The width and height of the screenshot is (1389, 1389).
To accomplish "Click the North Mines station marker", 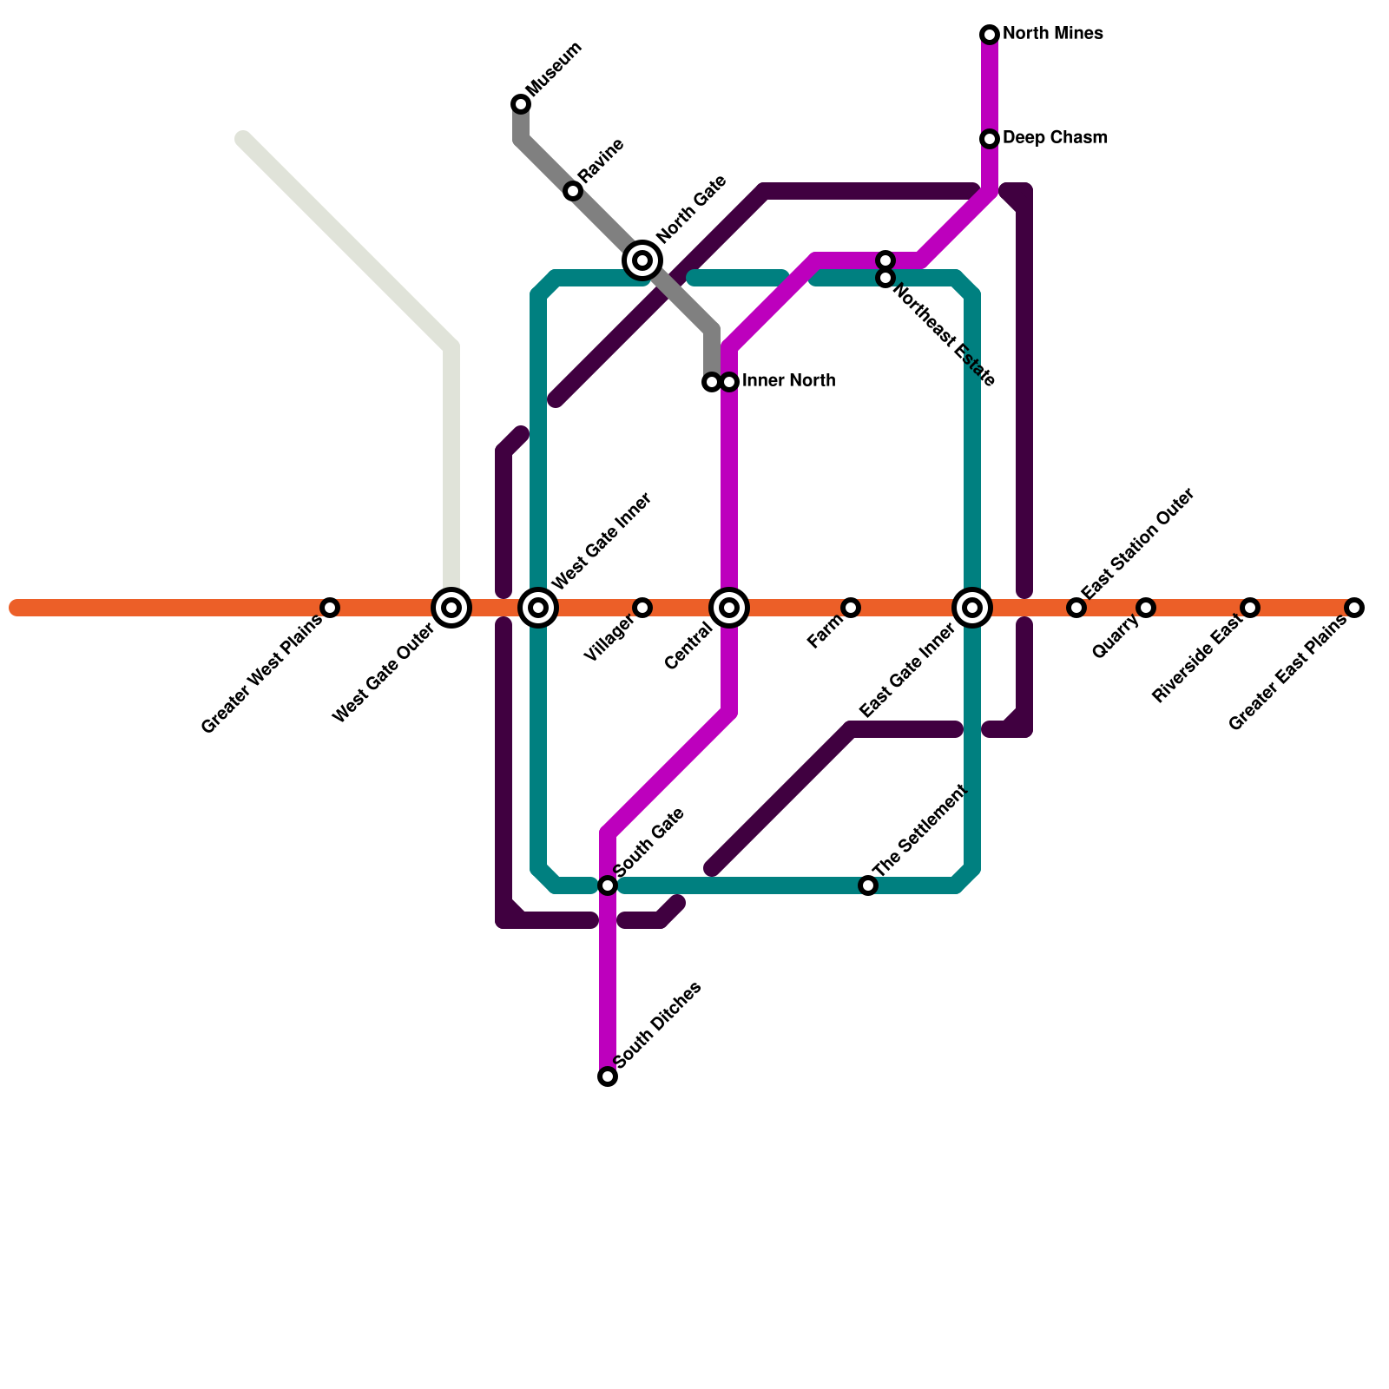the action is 990,35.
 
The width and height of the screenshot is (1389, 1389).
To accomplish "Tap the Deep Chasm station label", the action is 1054,138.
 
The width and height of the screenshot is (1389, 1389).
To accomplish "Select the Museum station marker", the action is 521,104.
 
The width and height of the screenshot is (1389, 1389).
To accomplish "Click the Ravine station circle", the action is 573,191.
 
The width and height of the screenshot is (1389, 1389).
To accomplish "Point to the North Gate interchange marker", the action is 642,260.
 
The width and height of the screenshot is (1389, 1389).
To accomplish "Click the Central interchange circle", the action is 729,608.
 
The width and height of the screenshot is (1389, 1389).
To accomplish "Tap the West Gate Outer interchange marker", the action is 451,608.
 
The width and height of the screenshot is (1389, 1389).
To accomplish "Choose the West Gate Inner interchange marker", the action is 538,608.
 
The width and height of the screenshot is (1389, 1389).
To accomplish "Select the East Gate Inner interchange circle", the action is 972,608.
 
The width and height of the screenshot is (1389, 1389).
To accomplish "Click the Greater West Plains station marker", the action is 330,608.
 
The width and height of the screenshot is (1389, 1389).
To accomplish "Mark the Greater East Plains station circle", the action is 1354,608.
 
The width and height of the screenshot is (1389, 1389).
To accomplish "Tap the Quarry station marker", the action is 1146,608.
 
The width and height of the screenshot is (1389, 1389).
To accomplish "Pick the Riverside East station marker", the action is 1250,608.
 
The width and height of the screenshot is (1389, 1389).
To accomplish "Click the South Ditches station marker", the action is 608,1076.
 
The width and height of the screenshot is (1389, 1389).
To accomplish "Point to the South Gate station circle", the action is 608,885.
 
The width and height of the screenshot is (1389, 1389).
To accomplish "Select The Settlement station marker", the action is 868,885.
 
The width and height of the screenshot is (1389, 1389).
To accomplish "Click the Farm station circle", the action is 851,608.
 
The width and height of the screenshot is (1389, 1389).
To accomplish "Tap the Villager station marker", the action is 642,608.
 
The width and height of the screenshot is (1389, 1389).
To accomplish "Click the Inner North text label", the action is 788,381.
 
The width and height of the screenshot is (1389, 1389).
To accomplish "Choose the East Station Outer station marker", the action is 1076,608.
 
